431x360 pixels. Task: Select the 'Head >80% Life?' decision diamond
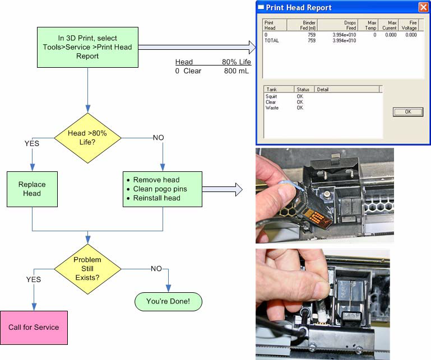[88, 137]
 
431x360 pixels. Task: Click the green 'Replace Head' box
[32, 189]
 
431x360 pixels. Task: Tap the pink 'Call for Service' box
[34, 328]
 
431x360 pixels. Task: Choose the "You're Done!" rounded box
[168, 302]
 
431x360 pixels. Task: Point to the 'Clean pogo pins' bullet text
[160, 189]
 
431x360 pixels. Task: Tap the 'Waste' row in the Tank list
[271, 108]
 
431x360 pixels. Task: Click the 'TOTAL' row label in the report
[272, 41]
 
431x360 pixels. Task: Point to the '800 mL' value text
[237, 71]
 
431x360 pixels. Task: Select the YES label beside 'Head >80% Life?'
[32, 143]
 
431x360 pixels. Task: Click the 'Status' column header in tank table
[303, 89]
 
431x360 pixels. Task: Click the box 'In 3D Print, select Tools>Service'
[87, 48]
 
